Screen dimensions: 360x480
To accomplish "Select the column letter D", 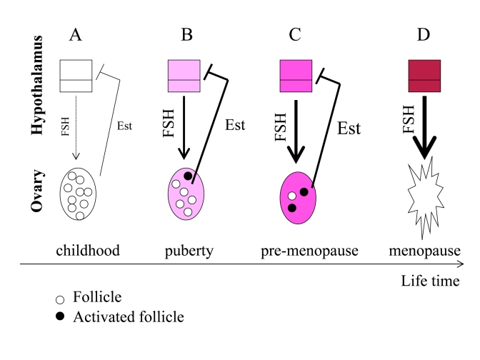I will point(423,33).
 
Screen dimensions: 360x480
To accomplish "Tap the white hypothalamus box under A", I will point(77,76).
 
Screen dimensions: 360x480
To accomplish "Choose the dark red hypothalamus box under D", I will point(423,76).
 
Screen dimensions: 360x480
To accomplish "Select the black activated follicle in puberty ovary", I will point(188,176).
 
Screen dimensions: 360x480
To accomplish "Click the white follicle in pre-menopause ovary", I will point(292,194).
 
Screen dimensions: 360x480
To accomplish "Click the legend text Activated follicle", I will point(129,316).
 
